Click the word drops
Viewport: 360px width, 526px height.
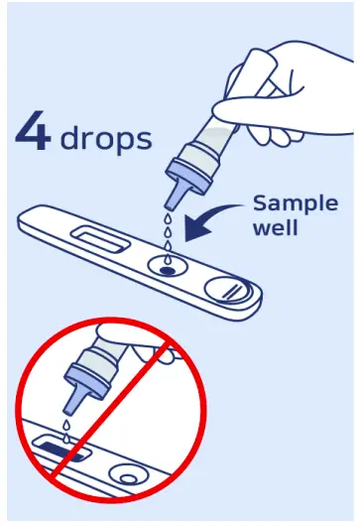(x=106, y=138)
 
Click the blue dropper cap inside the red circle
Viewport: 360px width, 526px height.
(x=81, y=382)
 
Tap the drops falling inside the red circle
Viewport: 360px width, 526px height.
(x=63, y=428)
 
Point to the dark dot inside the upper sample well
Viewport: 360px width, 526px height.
(x=165, y=268)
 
